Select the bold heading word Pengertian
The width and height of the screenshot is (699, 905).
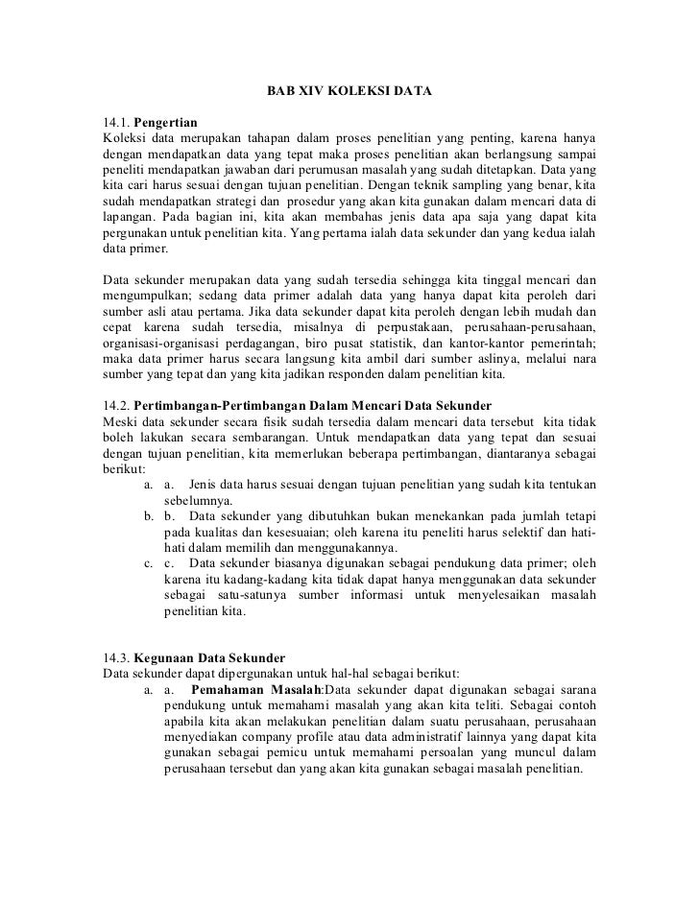(165, 124)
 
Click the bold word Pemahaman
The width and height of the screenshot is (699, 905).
(229, 688)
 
